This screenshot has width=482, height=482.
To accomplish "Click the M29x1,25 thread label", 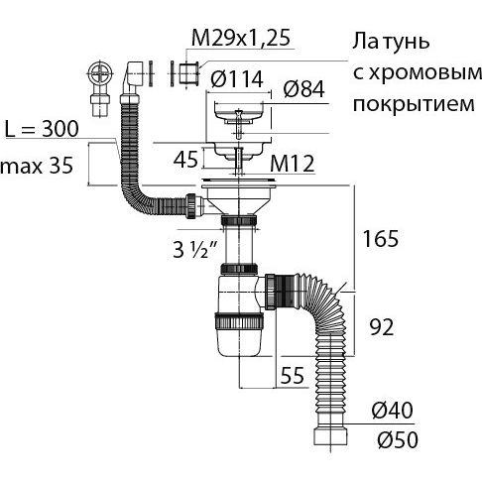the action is click(241, 38).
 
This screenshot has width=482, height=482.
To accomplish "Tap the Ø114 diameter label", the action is click(237, 79).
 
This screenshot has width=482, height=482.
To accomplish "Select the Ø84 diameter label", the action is click(303, 89).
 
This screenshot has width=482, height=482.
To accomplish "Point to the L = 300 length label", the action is click(42, 129).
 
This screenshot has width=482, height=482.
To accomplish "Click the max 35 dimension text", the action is click(37, 166).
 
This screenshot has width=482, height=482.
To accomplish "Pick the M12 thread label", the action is click(292, 164).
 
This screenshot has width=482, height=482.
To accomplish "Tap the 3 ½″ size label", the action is click(195, 249).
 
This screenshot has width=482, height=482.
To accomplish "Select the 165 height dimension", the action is click(381, 239).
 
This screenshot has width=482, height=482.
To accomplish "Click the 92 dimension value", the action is click(382, 327).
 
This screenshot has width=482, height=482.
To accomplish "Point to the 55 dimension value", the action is click(292, 375).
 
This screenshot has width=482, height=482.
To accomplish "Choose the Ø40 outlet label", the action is click(392, 411).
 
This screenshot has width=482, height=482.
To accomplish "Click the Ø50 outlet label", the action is click(398, 439).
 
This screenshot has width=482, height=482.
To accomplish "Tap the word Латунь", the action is click(391, 42).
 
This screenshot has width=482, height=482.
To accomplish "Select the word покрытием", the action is click(414, 103).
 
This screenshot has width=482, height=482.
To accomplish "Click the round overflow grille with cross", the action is click(101, 73).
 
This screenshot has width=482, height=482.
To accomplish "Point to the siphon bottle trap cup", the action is click(239, 334).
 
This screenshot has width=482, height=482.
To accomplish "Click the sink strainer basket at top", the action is click(239, 113).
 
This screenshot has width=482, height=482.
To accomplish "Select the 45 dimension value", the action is click(185, 160).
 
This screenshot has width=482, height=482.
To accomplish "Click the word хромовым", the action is click(418, 72).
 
